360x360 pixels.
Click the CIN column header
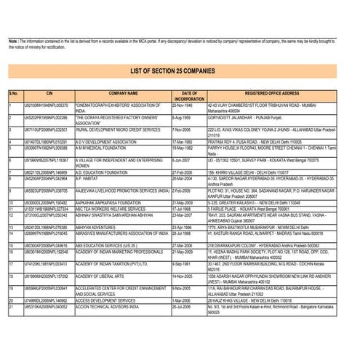coord(49,94)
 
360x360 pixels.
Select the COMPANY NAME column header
coord(123,94)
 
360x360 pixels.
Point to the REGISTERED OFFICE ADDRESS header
coord(272,94)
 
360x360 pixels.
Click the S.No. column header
coord(13,94)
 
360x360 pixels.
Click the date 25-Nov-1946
coord(183,105)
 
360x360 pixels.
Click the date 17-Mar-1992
coord(183,141)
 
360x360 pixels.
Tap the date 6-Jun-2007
coord(182,159)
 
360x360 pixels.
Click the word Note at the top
coord(12,41)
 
